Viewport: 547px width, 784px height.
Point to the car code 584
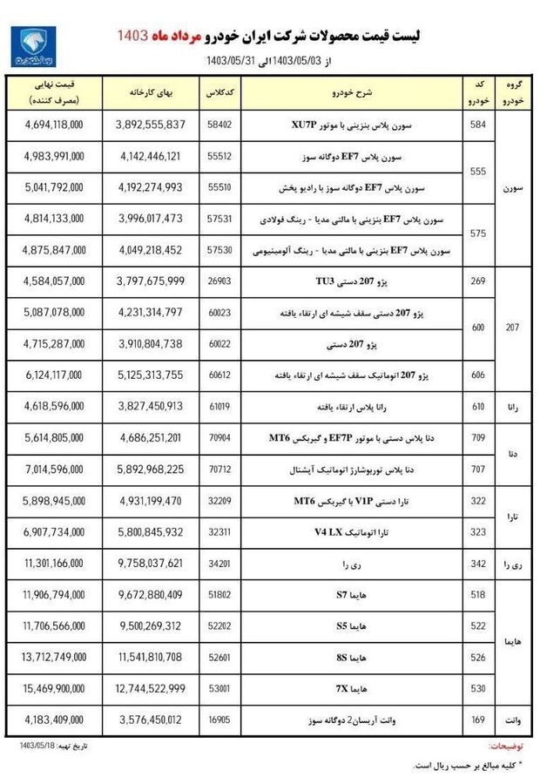coord(476,125)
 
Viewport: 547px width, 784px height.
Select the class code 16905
coord(218,720)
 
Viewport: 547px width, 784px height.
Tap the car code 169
coord(476,720)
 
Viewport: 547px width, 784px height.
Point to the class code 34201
coord(218,564)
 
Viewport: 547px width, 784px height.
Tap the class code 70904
coord(218,439)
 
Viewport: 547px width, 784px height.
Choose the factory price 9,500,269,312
coord(150,626)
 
